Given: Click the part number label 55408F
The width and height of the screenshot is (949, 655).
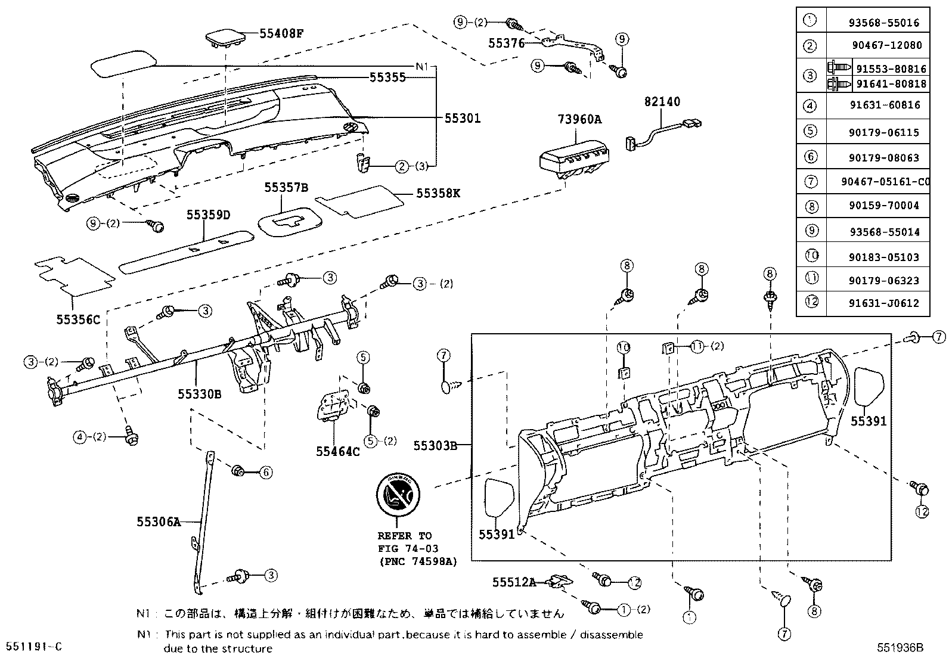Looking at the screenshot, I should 281,33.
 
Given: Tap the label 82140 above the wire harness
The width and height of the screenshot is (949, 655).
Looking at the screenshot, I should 662,102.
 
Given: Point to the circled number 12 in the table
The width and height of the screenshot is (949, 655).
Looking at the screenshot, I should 811,302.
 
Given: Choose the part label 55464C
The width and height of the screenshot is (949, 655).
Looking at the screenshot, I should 338,451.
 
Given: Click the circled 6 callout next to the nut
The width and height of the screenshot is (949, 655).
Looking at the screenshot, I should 266,473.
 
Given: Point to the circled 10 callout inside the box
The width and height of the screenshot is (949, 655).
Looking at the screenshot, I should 624,347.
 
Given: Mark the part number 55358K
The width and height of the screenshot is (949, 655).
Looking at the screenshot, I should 438,194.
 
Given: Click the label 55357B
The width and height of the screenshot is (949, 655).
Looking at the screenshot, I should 287,188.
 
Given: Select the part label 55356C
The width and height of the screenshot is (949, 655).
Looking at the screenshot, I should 79,319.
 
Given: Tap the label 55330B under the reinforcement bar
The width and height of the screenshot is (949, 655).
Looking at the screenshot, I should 200,393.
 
